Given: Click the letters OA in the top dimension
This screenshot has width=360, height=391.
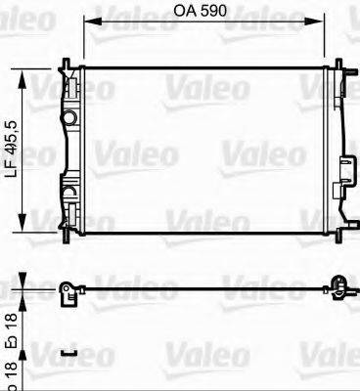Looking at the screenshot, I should pos(184,13).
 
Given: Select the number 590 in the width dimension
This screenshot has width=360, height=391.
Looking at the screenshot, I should pos(212,13).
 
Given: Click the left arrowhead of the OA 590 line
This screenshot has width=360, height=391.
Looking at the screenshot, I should pos(88,27).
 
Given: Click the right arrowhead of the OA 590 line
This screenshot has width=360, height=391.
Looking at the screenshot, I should pos(320,27).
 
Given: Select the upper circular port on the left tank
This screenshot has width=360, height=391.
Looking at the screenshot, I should pos(69,118).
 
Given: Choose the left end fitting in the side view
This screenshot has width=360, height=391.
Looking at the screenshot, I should pos(67,291).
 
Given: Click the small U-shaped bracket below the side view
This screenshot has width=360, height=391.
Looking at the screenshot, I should pos(67,353).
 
